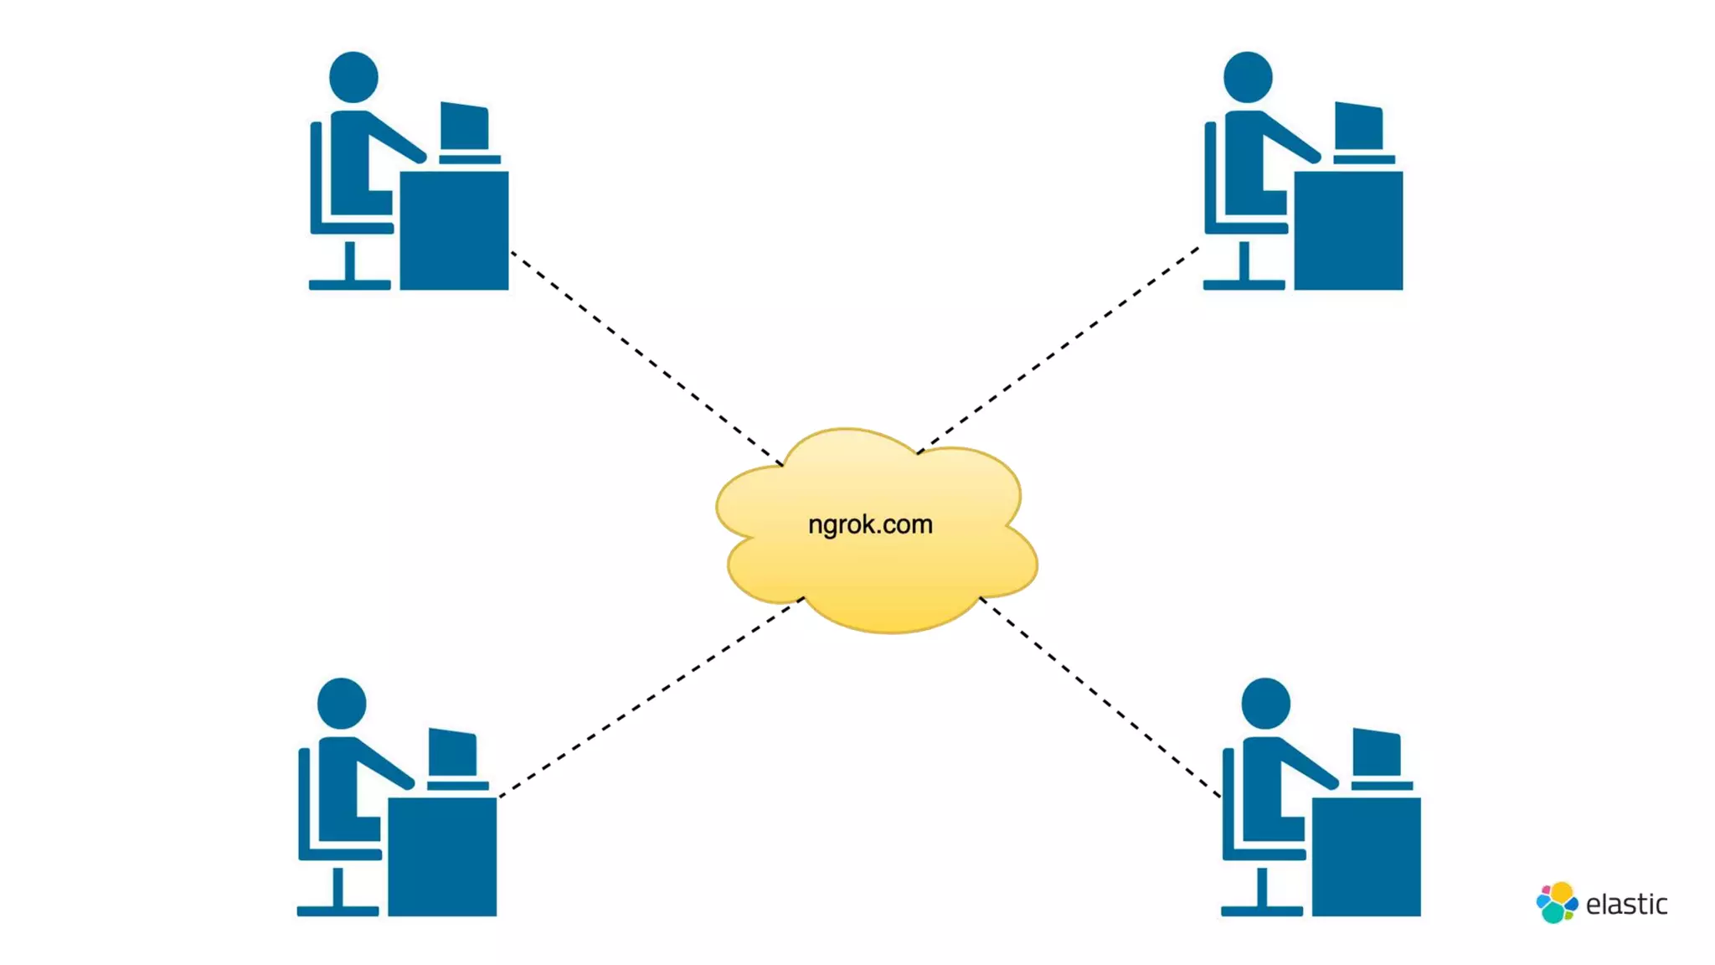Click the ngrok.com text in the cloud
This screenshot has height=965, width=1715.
[x=870, y=524]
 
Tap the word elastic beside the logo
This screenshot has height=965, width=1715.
[x=1626, y=905]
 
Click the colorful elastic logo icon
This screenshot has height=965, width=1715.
[x=1556, y=902]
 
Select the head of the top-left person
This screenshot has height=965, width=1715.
[x=353, y=77]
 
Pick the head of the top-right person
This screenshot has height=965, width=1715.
[x=1248, y=77]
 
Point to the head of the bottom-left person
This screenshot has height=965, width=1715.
[x=342, y=703]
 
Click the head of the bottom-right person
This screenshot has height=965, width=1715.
[x=1265, y=703]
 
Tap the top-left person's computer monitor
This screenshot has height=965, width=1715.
[x=465, y=126]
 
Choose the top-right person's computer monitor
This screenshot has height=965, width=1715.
[x=1358, y=126]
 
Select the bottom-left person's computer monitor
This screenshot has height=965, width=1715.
[x=453, y=752]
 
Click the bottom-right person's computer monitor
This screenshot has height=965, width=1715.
[x=1377, y=752]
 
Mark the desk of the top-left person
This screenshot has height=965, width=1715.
[x=454, y=230]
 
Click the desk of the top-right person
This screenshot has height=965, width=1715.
[x=1348, y=230]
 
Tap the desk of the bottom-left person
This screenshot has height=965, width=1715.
[x=442, y=856]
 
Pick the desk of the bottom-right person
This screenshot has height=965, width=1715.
[x=1366, y=856]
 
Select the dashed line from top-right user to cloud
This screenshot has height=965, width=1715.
[x=1059, y=349]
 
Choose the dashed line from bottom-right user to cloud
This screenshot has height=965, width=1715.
[x=1100, y=697]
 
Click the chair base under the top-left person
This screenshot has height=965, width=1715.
[x=350, y=284]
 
